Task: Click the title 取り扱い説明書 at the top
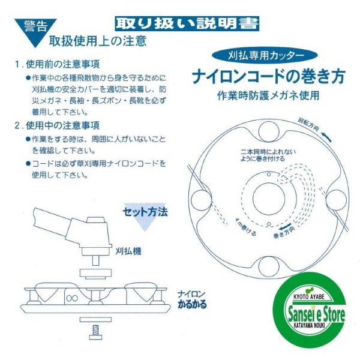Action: click(x=187, y=24)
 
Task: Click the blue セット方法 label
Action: click(x=145, y=212)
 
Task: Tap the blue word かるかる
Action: click(x=192, y=304)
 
